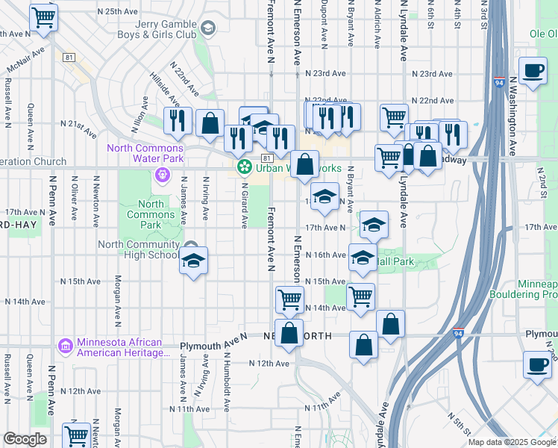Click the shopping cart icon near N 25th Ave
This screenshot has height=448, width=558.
44,17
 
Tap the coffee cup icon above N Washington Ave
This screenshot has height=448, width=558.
533,72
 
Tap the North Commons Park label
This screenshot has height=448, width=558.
151,214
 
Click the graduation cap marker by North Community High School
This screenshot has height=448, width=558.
193,261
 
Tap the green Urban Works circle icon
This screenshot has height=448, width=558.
243,168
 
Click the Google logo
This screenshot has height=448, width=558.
25,439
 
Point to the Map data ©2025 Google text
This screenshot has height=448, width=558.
511,442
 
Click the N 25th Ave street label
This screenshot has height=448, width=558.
111,12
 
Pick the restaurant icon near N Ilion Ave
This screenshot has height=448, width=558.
177,121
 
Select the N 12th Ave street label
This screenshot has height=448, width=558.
270,363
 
